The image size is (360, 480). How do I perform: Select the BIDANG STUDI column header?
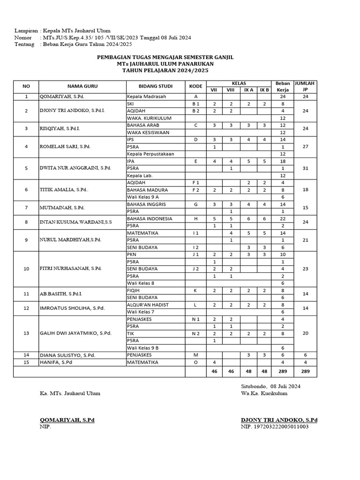[155, 86]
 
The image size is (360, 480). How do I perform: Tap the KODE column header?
[195, 86]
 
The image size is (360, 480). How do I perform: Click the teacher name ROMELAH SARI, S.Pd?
[65, 147]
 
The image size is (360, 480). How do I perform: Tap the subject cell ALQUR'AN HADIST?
[148, 305]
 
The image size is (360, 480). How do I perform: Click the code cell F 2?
[195, 190]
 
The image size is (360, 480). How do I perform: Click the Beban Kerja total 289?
[283, 371]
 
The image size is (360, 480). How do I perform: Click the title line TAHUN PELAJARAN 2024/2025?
[165, 70]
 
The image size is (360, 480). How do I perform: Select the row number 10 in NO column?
[26, 269]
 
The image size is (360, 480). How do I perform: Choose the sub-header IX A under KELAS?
[248, 90]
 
